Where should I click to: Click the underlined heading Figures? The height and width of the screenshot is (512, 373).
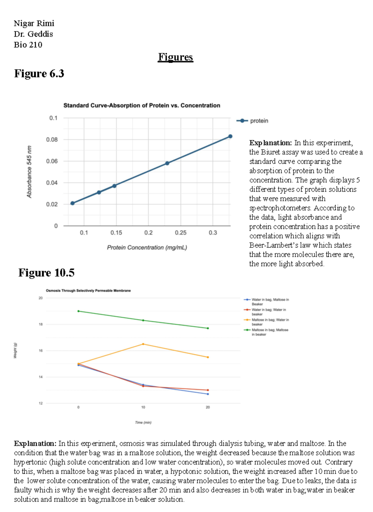[x=175, y=57]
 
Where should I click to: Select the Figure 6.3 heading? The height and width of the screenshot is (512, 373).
[x=39, y=74]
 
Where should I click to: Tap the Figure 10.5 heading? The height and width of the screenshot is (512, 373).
[x=46, y=273]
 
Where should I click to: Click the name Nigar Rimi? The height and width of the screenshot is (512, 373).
[x=34, y=23]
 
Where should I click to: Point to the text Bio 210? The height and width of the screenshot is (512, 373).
[x=28, y=45]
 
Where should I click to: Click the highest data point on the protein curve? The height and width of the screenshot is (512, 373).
[x=230, y=136]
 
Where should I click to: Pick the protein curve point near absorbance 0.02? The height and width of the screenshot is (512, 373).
[x=72, y=203]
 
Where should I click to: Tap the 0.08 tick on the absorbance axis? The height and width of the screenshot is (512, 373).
[x=52, y=140]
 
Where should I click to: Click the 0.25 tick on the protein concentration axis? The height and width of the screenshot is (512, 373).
[x=181, y=233]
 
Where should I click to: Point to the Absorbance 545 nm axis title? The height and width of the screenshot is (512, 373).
[x=29, y=172]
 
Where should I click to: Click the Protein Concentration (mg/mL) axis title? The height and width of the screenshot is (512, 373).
[x=147, y=247]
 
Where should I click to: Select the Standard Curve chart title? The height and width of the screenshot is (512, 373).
[x=142, y=106]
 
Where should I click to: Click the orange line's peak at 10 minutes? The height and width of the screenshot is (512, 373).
[x=143, y=344]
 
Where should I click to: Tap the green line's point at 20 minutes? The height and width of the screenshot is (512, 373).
[x=208, y=328]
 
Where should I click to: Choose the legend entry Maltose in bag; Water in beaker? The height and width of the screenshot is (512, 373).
[x=270, y=322]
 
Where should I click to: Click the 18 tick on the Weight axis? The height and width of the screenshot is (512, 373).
[x=41, y=324]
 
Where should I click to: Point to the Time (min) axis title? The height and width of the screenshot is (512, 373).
[x=143, y=422]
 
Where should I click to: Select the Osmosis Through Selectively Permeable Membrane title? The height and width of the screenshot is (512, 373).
[x=88, y=291]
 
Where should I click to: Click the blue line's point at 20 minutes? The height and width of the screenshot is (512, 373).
[x=208, y=394]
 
